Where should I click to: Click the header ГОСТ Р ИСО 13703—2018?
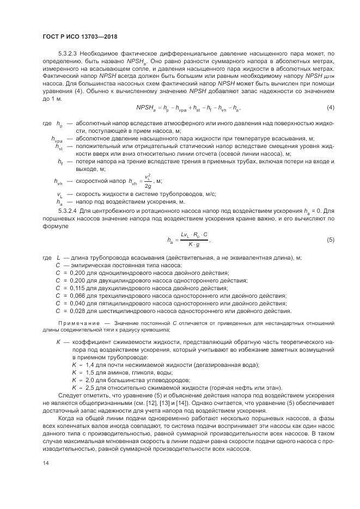(x=80, y=36)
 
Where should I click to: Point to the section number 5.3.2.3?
(x=68, y=53)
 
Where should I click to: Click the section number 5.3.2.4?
(x=68, y=210)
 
